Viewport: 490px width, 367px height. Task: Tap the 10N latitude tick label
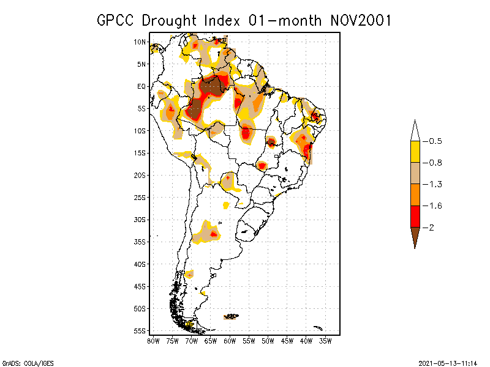tap(140, 42)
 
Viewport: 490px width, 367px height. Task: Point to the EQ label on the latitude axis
tap(141, 86)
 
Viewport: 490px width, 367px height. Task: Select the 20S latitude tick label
tap(140, 175)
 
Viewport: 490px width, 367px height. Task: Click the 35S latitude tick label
tap(140, 242)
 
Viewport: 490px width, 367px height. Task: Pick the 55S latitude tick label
tap(140, 330)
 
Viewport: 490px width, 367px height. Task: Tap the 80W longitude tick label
tap(153, 340)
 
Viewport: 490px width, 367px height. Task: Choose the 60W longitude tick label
tap(230, 340)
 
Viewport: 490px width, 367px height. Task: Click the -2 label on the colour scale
tap(430, 227)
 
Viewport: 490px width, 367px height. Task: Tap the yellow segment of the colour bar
tap(415, 152)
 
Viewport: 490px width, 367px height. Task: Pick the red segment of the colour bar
tap(415, 216)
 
